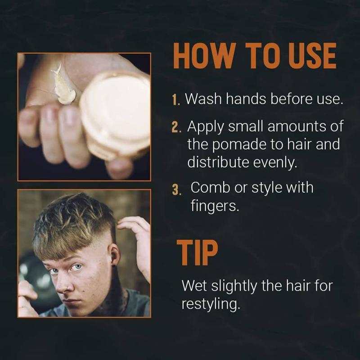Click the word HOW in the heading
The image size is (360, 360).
point(205,56)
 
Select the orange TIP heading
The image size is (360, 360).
point(197,253)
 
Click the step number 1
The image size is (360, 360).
point(176,100)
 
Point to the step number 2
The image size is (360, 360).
point(176,127)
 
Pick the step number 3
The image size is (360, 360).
point(176,190)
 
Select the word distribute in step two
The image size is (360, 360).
point(218,162)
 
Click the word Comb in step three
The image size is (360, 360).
point(210,187)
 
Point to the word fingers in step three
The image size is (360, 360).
point(215,206)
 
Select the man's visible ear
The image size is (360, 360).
point(114,254)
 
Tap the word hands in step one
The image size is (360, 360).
point(246,99)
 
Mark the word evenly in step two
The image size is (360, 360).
point(275,162)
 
